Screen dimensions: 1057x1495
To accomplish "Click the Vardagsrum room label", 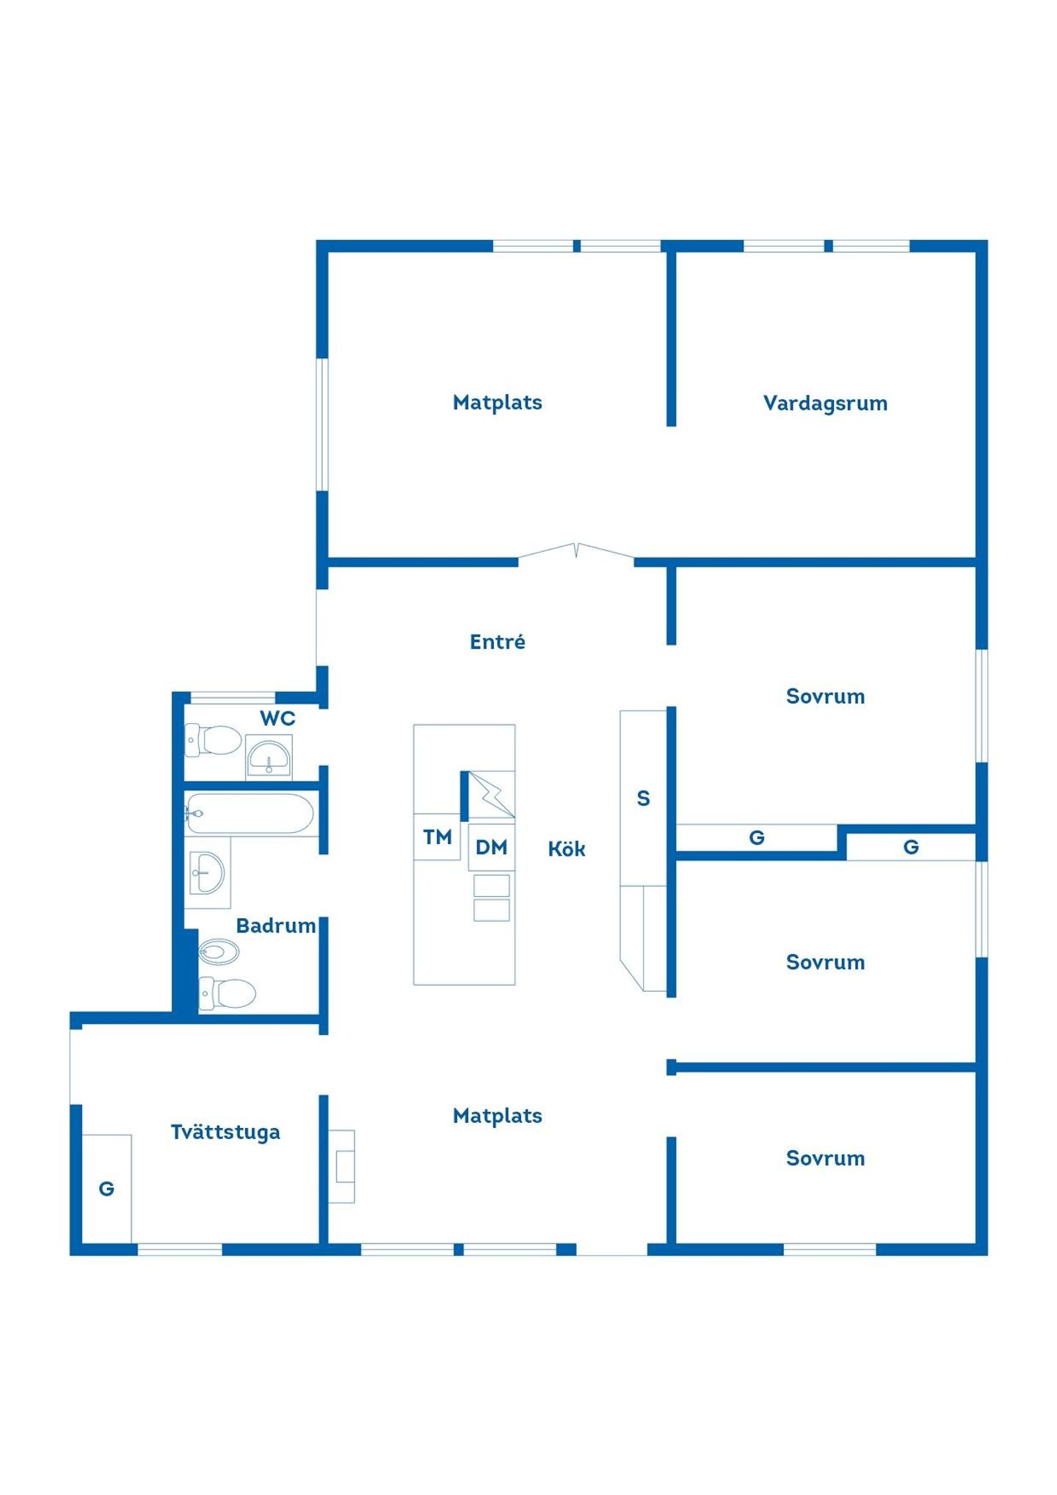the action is (825, 404).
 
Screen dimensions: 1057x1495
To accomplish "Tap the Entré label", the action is (497, 641).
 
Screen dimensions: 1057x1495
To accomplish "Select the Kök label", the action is (567, 849).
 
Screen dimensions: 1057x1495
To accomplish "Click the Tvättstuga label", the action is (225, 1132).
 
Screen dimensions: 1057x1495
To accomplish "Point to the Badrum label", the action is (275, 925).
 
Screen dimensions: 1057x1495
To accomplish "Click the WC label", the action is (277, 719).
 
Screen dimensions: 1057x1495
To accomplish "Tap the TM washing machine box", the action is (437, 837).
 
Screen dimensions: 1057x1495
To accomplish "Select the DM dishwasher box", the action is (491, 848).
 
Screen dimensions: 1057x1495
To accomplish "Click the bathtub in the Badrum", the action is (250, 813).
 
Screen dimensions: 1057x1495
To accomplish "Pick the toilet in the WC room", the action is (213, 740).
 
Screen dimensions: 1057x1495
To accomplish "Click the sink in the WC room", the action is (269, 757).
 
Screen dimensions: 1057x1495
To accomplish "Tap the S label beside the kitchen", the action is (643, 799).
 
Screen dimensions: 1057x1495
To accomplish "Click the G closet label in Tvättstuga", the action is (106, 1189).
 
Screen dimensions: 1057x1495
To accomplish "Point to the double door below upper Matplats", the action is (576, 552).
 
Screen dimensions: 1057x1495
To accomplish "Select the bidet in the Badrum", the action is (219, 952).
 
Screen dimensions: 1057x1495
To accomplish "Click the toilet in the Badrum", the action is (228, 993).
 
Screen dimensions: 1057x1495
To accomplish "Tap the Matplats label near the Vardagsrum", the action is (497, 402).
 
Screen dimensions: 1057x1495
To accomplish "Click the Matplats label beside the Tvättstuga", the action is (497, 1116).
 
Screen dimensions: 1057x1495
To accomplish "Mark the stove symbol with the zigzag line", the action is (492, 795).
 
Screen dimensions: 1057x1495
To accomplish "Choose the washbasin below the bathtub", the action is (207, 873).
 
